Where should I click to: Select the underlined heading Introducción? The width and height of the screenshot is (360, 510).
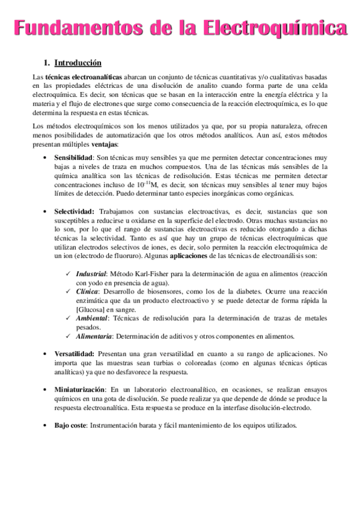(x=78, y=63)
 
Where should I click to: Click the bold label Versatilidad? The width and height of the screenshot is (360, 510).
(x=74, y=354)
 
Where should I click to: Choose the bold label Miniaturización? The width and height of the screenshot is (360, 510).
(x=80, y=390)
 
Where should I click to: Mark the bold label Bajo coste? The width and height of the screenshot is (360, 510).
(x=70, y=426)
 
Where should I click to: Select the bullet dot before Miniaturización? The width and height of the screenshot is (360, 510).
(x=46, y=390)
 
